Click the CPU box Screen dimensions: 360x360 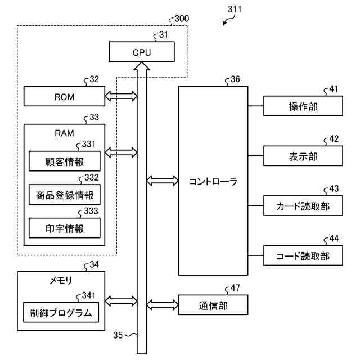coord(142,53)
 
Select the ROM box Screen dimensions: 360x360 coord(64,97)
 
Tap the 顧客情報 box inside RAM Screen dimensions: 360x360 coord(64,161)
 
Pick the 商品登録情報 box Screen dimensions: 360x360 coord(64,195)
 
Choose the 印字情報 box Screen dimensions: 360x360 coord(64,228)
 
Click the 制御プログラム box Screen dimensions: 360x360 coord(61,312)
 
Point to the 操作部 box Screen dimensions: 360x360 coord(303,106)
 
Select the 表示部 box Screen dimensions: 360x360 coord(303,156)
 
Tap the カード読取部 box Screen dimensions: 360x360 coord(303,206)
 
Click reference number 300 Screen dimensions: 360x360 coord(182,19)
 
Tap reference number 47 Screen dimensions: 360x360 coord(235,289)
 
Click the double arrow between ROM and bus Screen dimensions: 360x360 coord(121,97)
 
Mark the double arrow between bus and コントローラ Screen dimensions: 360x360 coord(162,181)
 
